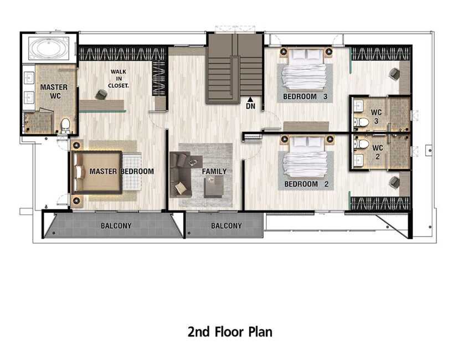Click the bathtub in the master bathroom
[49, 49]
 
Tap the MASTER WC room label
[54, 91]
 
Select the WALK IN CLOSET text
[119, 79]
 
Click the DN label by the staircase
[251, 106]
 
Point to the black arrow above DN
[250, 100]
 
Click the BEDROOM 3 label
[305, 96]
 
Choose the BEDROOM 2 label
[306, 184]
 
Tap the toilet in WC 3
[362, 122]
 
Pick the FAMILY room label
[214, 171]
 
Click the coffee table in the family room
[214, 187]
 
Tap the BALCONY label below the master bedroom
[116, 226]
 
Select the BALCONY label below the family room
[227, 226]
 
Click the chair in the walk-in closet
[101, 94]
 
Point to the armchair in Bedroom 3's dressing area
[394, 73]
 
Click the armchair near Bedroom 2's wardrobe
[394, 182]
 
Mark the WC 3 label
[376, 117]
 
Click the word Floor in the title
[229, 332]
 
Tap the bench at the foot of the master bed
[131, 172]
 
